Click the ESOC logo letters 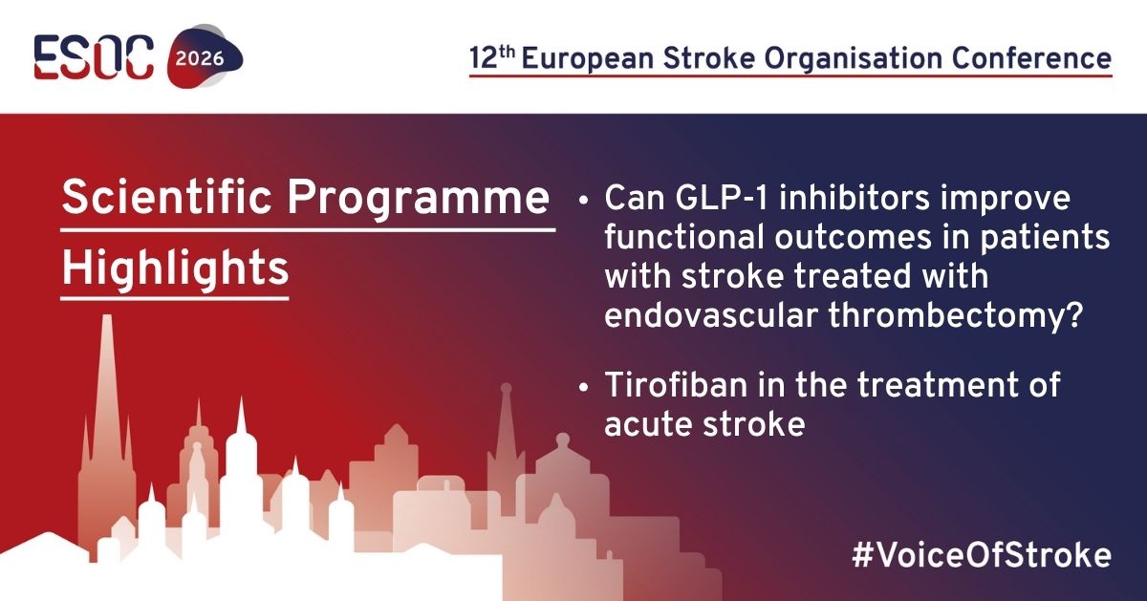[94, 57]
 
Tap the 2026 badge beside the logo [200, 57]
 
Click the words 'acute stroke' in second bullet [704, 424]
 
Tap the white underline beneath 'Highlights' [175, 298]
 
